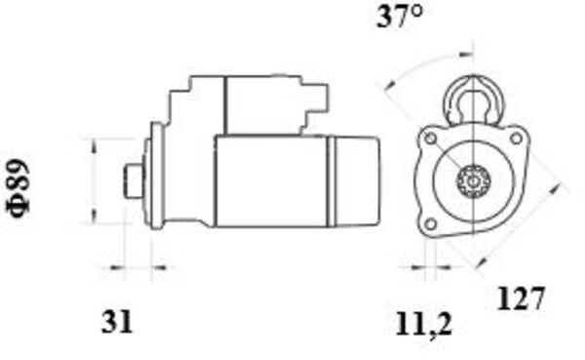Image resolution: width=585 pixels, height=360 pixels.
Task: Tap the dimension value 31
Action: (116, 319)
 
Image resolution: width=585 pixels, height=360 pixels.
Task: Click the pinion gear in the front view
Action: (473, 181)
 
